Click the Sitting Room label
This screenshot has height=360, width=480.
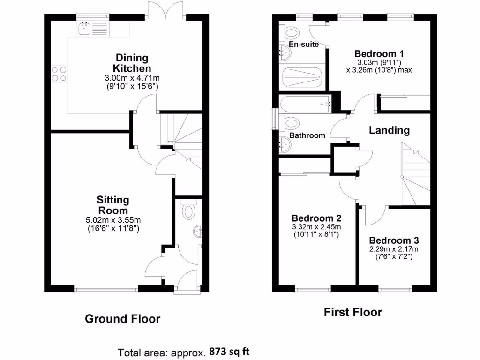[113, 205]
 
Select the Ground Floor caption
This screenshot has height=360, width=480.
[122, 319]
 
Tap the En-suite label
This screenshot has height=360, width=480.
[303, 45]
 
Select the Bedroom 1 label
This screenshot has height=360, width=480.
[379, 53]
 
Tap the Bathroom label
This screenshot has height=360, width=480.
[307, 135]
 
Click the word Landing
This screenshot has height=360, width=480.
[389, 130]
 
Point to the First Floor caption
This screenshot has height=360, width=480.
[352, 312]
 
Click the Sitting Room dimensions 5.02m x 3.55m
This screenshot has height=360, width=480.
[113, 220]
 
